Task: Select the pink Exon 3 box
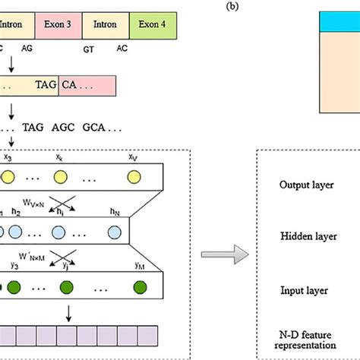(x=57, y=24)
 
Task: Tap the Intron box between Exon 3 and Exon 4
(x=105, y=24)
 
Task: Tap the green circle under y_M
(x=140, y=286)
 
